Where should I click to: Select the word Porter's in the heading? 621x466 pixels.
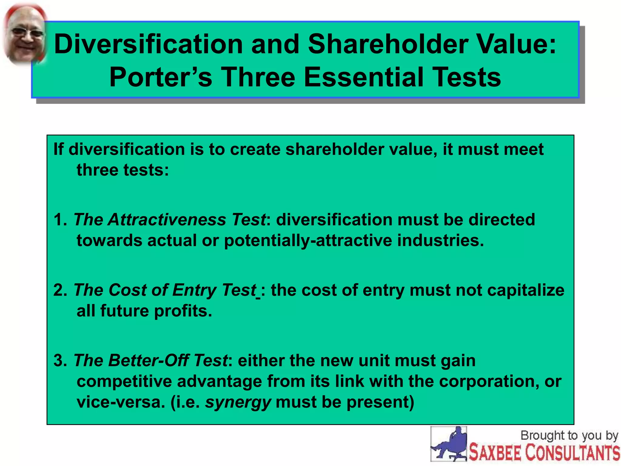click(161, 77)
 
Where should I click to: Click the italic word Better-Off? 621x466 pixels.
click(149, 360)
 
